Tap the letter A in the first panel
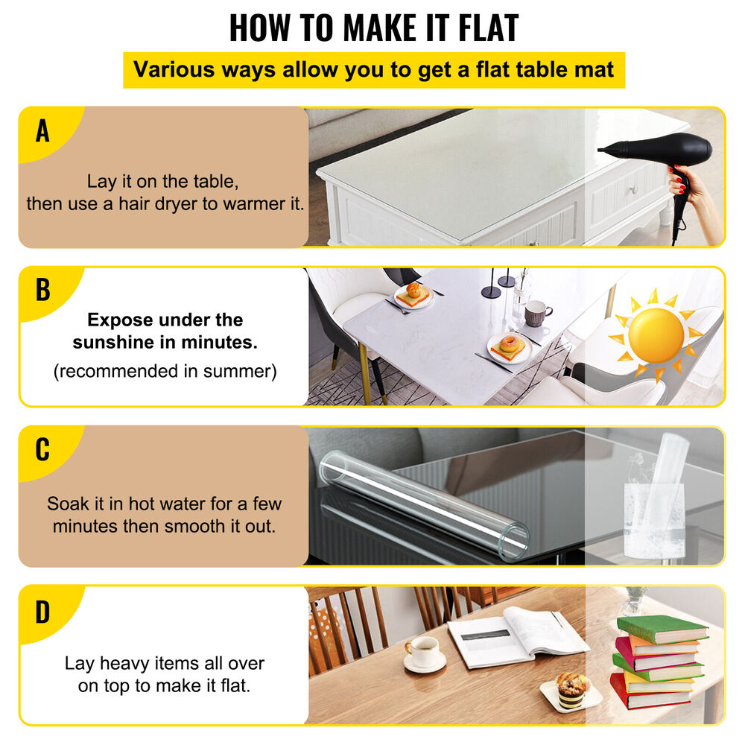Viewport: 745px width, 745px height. point(42,131)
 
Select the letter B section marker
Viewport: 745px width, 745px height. point(43,290)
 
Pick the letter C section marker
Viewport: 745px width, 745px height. point(42,449)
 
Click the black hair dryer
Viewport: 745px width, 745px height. point(659,153)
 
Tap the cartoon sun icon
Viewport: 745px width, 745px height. point(656,335)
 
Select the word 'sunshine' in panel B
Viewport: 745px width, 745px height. point(119,342)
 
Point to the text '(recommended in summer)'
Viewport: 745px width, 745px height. point(165,371)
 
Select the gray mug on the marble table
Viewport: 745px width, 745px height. point(536,313)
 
